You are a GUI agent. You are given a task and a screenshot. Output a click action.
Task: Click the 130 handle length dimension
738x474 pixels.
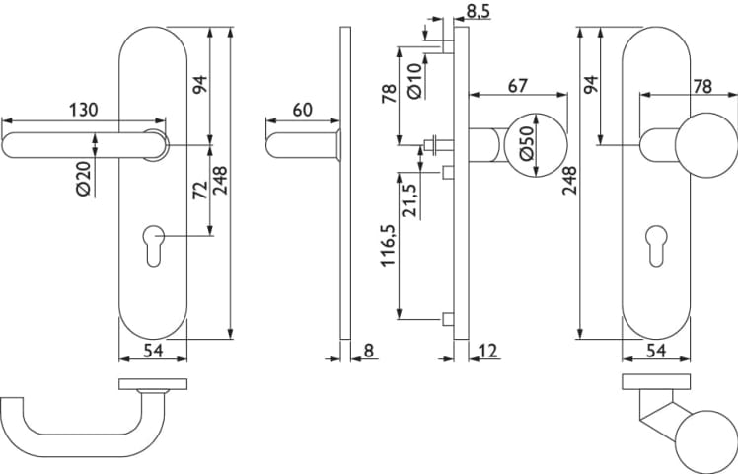click(x=84, y=110)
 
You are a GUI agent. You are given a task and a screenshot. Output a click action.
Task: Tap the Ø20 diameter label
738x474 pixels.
click(x=84, y=178)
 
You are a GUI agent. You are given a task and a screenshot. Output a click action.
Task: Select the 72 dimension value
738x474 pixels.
click(x=201, y=190)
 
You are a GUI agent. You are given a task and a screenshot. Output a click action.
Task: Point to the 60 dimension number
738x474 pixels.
click(x=303, y=110)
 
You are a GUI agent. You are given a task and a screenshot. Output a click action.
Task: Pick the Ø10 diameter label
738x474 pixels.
click(x=415, y=81)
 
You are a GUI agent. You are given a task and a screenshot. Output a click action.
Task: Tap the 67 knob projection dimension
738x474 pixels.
click(x=519, y=86)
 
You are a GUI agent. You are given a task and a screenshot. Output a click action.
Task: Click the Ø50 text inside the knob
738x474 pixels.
click(x=527, y=143)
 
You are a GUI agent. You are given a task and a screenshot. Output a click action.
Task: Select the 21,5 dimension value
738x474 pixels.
click(x=409, y=199)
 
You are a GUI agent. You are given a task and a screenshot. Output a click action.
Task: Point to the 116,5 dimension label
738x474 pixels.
click(x=389, y=245)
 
